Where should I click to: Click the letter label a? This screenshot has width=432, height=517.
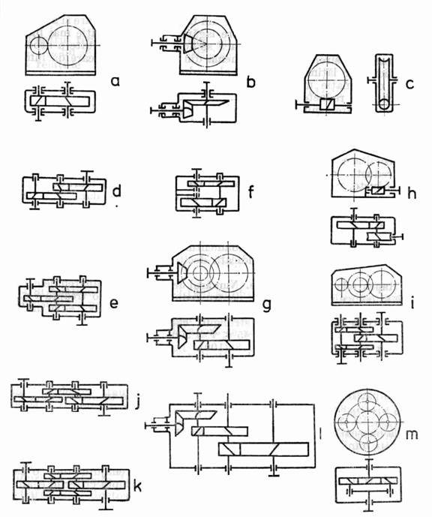115,81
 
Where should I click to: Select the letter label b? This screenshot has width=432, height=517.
250,82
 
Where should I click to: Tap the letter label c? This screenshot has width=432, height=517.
409,84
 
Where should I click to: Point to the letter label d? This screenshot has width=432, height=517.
117,191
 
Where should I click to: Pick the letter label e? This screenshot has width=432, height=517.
114,303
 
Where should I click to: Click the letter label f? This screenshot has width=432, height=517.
250,191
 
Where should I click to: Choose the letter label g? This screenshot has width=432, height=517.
266,305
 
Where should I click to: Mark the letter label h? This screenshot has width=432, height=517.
412,194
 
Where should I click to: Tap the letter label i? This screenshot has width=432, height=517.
412,304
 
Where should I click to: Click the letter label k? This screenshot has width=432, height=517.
137,486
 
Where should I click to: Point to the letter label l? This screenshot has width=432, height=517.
320,434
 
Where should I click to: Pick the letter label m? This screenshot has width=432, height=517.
412,434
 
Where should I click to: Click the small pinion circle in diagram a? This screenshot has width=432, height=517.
38,46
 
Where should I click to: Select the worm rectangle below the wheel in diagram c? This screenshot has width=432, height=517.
326,105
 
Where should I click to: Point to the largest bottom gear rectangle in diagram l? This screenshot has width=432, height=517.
263,449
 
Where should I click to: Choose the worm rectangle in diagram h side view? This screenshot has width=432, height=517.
377,191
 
